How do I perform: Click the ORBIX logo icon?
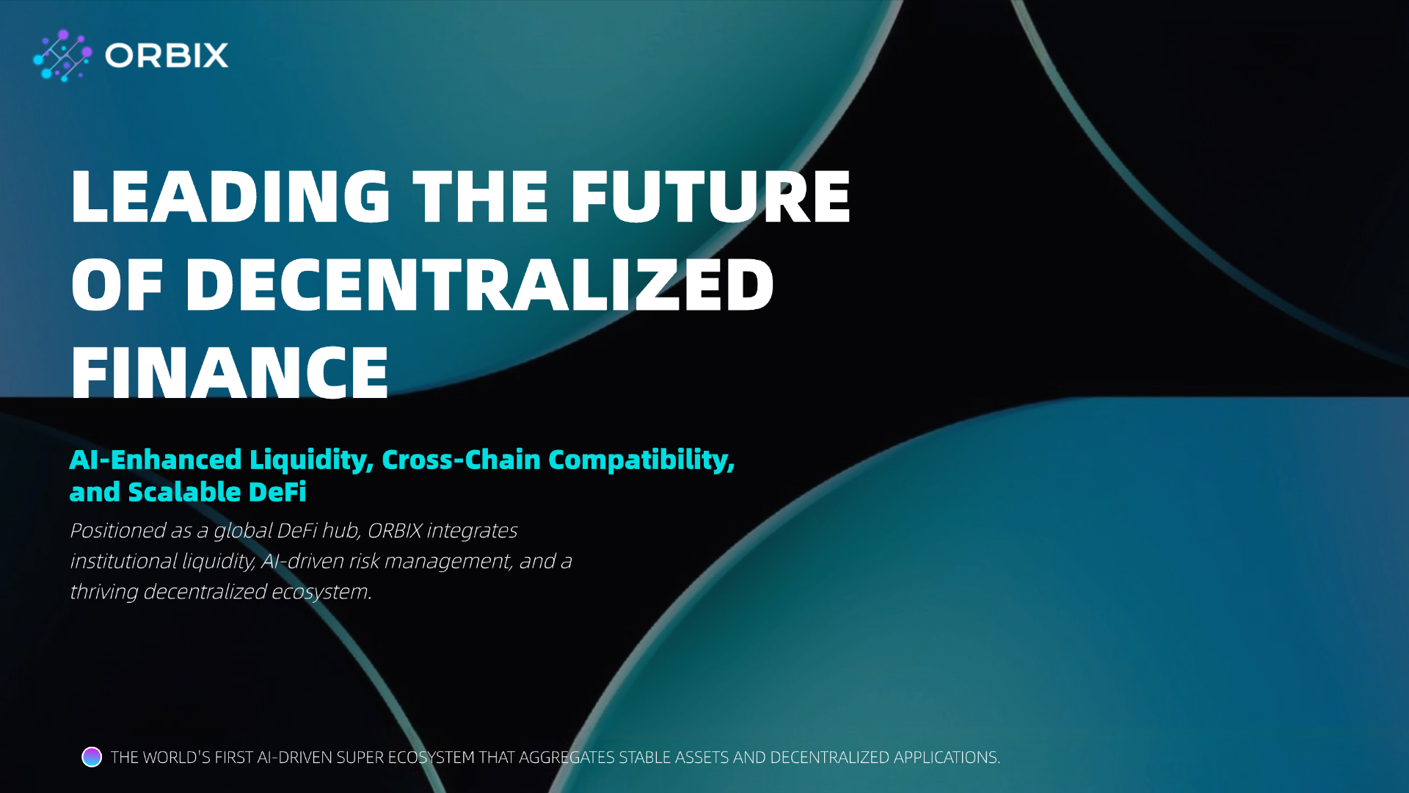click(x=63, y=56)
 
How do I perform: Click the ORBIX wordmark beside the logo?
click(x=167, y=56)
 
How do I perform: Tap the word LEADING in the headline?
click(x=230, y=196)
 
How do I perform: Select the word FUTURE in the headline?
click(x=710, y=196)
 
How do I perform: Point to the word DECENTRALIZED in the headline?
click(x=479, y=284)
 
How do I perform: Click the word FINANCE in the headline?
click(x=230, y=372)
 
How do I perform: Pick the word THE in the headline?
click(x=481, y=196)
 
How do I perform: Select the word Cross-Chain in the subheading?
click(x=461, y=460)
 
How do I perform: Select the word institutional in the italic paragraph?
click(x=123, y=561)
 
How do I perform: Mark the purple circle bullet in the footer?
click(x=92, y=757)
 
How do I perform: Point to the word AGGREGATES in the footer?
click(x=567, y=758)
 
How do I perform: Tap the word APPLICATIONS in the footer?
click(x=947, y=758)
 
